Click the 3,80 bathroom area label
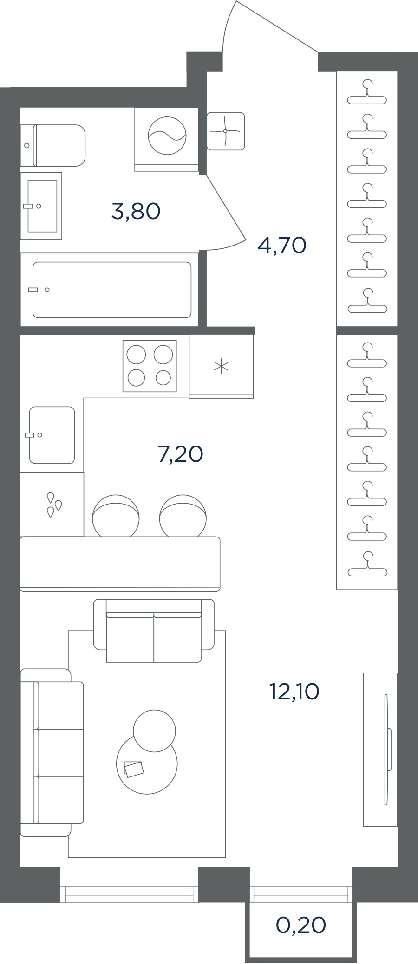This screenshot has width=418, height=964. [x=136, y=212]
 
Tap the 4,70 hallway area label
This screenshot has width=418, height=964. [x=282, y=245]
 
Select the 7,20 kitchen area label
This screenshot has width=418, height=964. [x=181, y=454]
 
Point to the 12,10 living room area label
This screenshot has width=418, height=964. [x=294, y=692]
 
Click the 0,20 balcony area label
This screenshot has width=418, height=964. [x=301, y=925]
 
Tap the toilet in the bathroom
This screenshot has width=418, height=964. [x=53, y=145]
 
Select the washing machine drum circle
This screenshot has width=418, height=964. [x=167, y=135]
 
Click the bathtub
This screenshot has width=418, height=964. [x=112, y=290]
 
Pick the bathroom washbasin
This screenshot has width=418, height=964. [x=41, y=206]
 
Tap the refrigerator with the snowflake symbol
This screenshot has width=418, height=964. [x=221, y=366]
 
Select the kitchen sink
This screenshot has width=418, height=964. [x=52, y=435]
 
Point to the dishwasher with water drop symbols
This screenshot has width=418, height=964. [x=52, y=505]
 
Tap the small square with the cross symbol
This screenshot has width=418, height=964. [x=226, y=131]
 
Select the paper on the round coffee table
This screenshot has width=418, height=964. [x=134, y=769]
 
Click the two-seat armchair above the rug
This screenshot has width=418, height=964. [x=154, y=631]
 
